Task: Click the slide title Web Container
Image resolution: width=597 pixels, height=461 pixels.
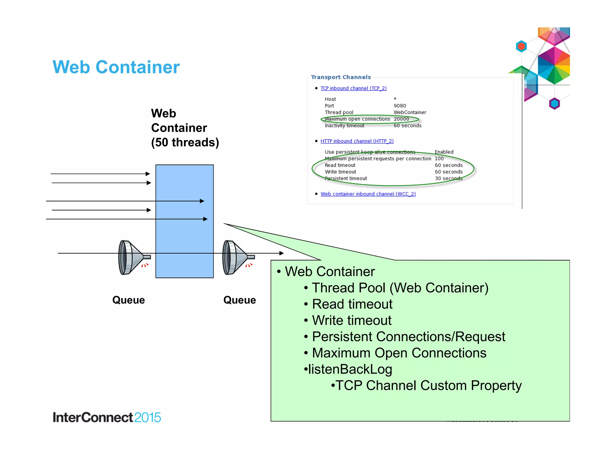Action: click(116, 67)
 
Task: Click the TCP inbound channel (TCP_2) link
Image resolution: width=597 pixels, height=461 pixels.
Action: click(353, 88)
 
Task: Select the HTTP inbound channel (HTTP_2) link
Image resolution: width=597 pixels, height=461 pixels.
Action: click(357, 141)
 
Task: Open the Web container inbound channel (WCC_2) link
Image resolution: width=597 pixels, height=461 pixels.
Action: click(368, 194)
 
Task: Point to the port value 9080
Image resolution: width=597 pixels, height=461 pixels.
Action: click(400, 106)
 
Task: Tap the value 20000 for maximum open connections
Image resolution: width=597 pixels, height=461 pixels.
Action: click(401, 119)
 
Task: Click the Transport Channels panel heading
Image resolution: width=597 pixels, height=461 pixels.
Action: click(340, 77)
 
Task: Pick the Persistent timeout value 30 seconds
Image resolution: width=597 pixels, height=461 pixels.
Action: click(448, 178)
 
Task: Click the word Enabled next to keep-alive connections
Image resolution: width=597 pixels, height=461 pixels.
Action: click(444, 152)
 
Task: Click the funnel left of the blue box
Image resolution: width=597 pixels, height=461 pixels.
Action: click(131, 257)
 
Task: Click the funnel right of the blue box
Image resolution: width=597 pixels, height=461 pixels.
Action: click(236, 257)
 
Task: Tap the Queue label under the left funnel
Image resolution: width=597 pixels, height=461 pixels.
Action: click(129, 300)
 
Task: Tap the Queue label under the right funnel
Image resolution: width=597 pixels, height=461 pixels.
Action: click(240, 300)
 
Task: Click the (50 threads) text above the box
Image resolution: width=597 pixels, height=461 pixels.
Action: click(185, 142)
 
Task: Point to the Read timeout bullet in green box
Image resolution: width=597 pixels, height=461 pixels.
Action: click(352, 304)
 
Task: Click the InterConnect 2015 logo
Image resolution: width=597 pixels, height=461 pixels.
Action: click(107, 417)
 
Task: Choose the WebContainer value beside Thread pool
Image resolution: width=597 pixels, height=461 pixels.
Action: click(410, 112)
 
